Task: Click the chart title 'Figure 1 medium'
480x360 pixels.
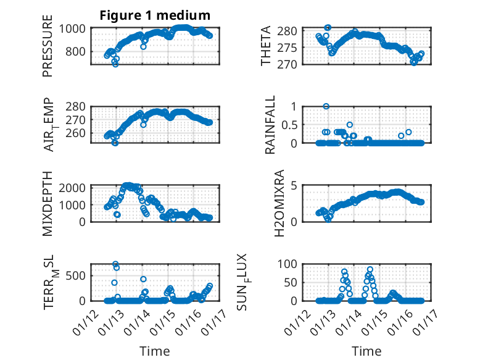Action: (155, 15)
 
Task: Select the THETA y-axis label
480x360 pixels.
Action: (266, 46)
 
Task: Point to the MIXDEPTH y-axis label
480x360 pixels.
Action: (48, 203)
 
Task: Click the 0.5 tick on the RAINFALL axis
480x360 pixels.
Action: (293, 125)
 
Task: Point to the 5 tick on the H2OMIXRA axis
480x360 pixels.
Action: (296, 185)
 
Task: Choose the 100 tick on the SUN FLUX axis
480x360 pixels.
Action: (291, 264)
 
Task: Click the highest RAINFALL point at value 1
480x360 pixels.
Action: (326, 106)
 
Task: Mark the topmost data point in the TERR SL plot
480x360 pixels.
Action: (115, 264)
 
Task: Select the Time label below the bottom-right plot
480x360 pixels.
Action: (366, 351)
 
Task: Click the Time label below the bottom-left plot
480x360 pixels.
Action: (154, 351)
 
